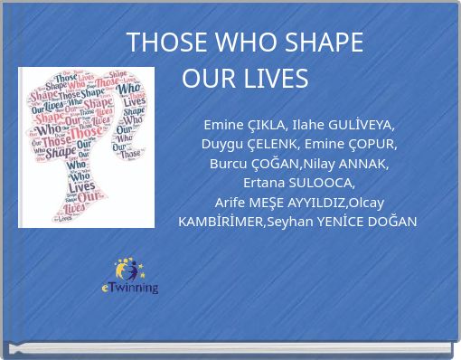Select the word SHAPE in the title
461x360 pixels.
click(324, 43)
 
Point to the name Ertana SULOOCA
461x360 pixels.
click(299, 183)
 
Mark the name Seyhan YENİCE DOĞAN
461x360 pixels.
click(343, 222)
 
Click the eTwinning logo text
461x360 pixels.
click(129, 288)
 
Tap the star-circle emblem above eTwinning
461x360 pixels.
click(128, 269)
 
